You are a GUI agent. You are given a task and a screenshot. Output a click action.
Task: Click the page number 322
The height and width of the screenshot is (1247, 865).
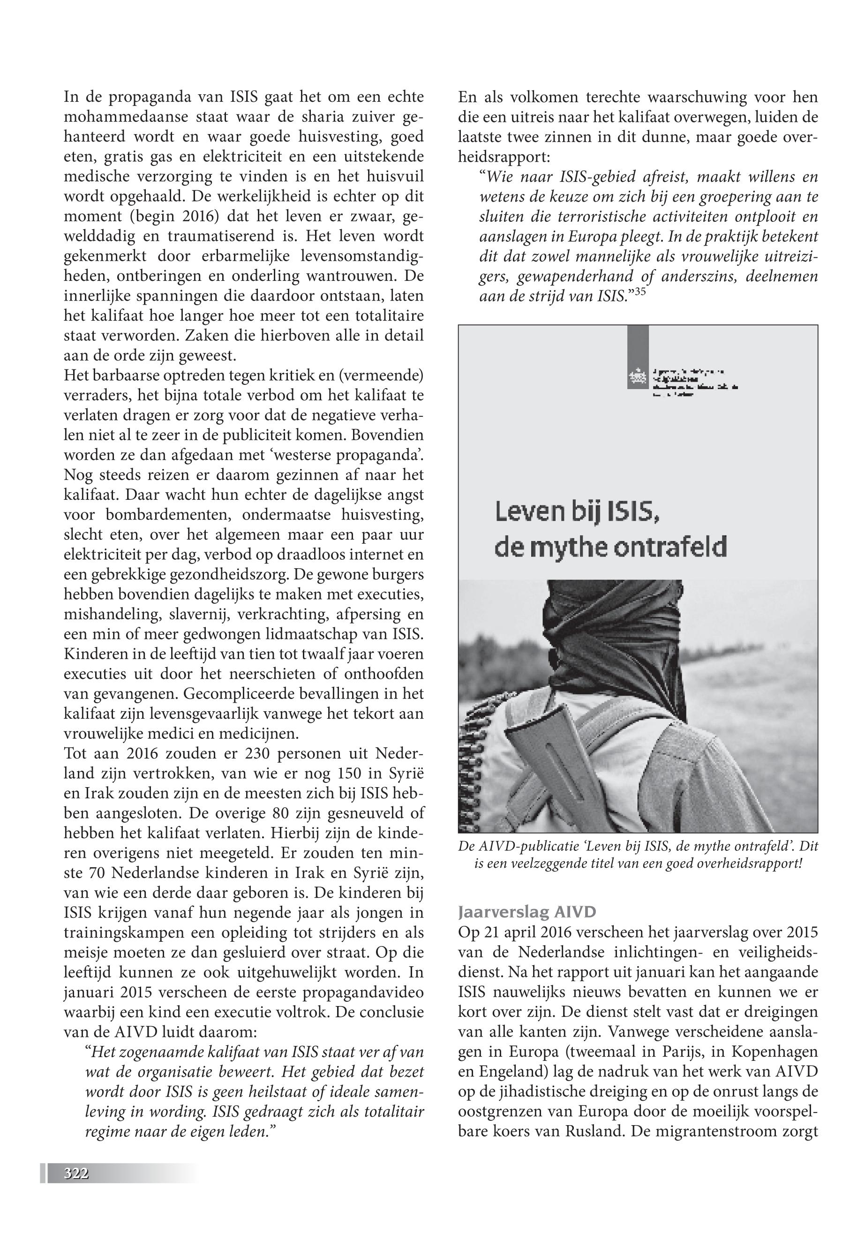click(x=76, y=1173)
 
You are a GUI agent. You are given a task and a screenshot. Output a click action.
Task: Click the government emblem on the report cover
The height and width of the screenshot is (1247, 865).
click(x=637, y=376)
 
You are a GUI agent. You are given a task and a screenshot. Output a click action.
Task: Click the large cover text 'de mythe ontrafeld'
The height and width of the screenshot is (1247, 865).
click(x=610, y=548)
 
